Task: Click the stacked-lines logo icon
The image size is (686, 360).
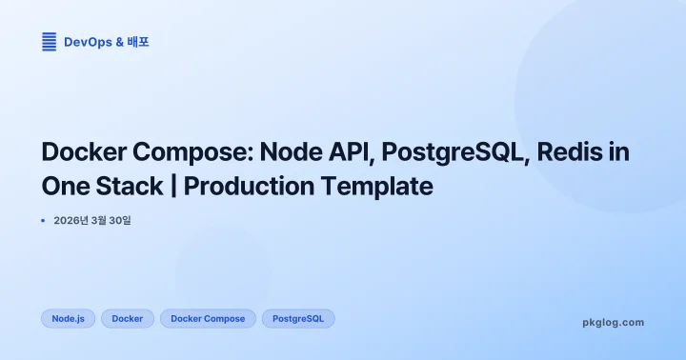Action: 49,42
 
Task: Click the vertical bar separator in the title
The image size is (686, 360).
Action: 173,185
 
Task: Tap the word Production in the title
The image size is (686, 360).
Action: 250,185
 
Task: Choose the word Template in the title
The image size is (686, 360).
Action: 378,185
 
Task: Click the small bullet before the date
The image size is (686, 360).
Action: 43,221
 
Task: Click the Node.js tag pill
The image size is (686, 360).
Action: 69,318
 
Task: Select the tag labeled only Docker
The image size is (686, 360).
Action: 128,318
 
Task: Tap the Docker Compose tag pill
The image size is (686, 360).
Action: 208,318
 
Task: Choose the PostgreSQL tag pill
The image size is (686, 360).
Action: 298,318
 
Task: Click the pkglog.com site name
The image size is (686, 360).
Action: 613,322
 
